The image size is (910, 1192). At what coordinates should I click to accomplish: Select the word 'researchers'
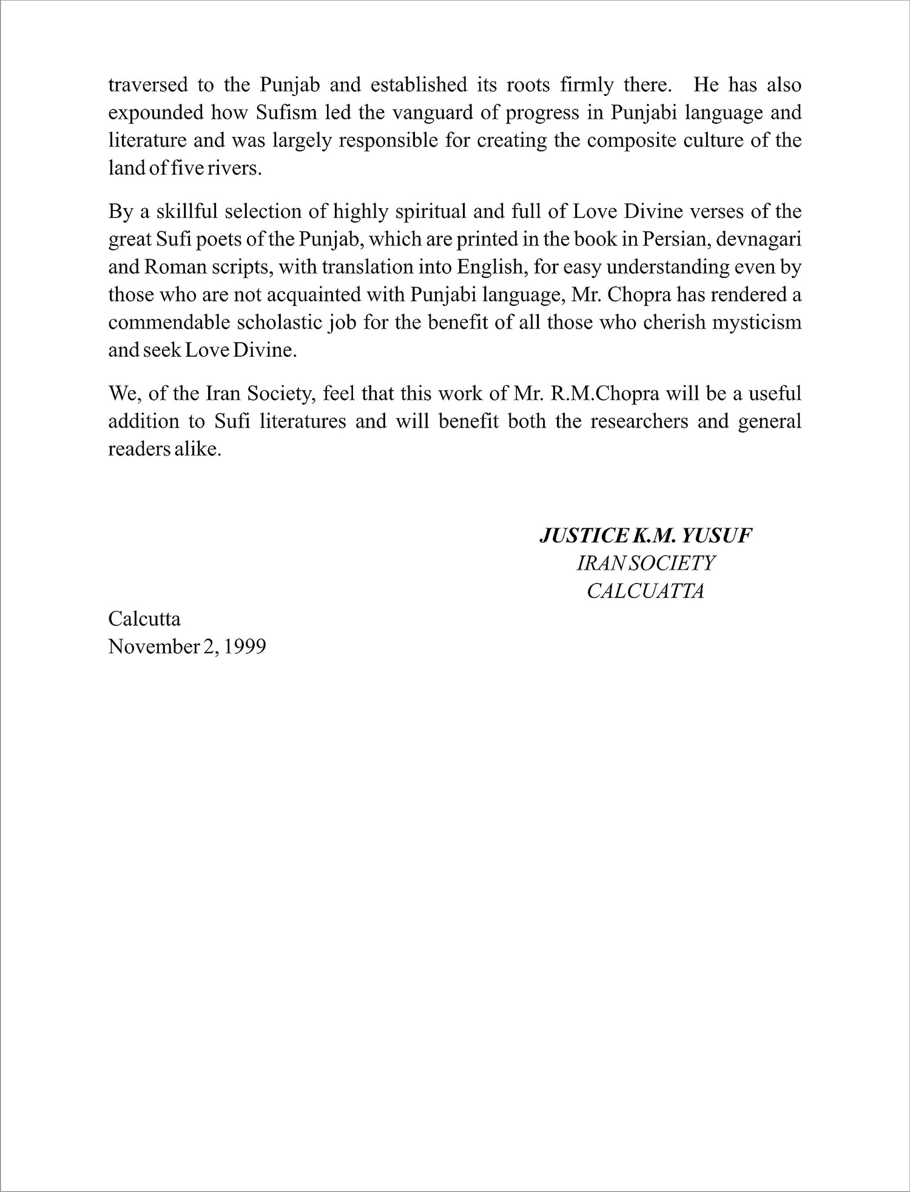[639, 422]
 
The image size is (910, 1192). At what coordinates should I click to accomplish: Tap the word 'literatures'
[303, 422]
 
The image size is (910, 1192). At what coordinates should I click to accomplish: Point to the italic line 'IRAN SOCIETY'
[645, 564]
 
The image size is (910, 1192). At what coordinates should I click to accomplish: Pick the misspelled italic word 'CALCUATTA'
[645, 591]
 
